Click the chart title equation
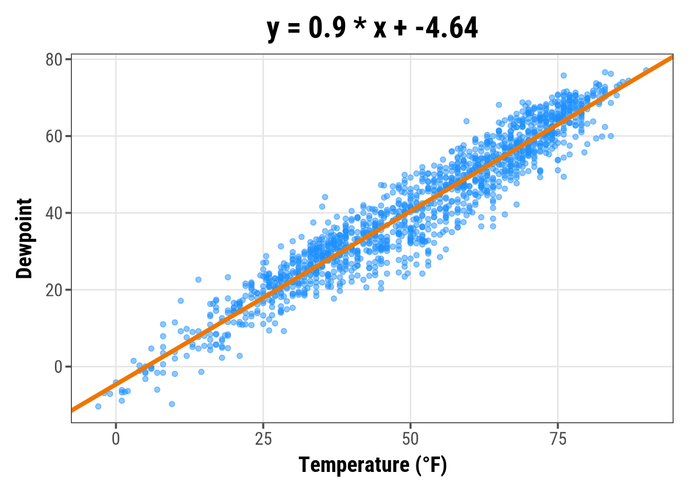point(372,28)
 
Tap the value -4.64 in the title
point(447,28)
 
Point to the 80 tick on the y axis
point(54,60)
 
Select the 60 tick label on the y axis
point(54,137)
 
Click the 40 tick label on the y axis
point(54,213)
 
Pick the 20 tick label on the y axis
point(54,290)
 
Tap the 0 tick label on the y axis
point(58,367)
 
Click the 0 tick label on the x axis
point(116,440)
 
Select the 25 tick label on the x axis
point(263,440)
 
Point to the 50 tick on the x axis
point(410,440)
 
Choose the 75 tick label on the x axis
point(558,440)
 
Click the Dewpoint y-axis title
point(24,238)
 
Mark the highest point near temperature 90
point(646,70)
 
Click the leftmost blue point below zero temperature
point(98,406)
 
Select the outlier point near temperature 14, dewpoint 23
point(198,280)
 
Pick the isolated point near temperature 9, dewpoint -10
point(172,404)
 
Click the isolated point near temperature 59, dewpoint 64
point(466,121)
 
